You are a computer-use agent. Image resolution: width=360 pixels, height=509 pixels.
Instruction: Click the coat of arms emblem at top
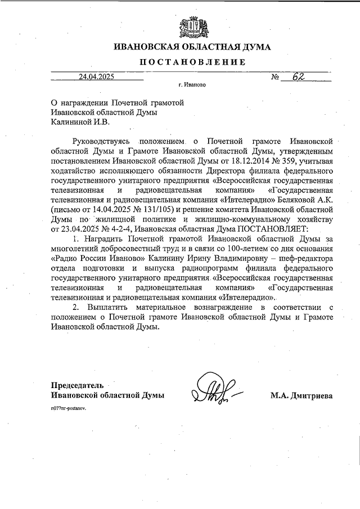(191, 25)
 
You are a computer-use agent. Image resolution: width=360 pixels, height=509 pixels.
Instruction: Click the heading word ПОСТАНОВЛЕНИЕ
(191, 62)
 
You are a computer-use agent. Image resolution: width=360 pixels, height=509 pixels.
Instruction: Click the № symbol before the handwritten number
(276, 78)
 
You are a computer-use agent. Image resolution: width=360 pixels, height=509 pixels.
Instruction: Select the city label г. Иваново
(191, 87)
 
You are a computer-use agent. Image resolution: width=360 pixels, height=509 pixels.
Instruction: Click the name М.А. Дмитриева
(301, 396)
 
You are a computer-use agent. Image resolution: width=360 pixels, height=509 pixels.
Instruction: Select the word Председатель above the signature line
(77, 385)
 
